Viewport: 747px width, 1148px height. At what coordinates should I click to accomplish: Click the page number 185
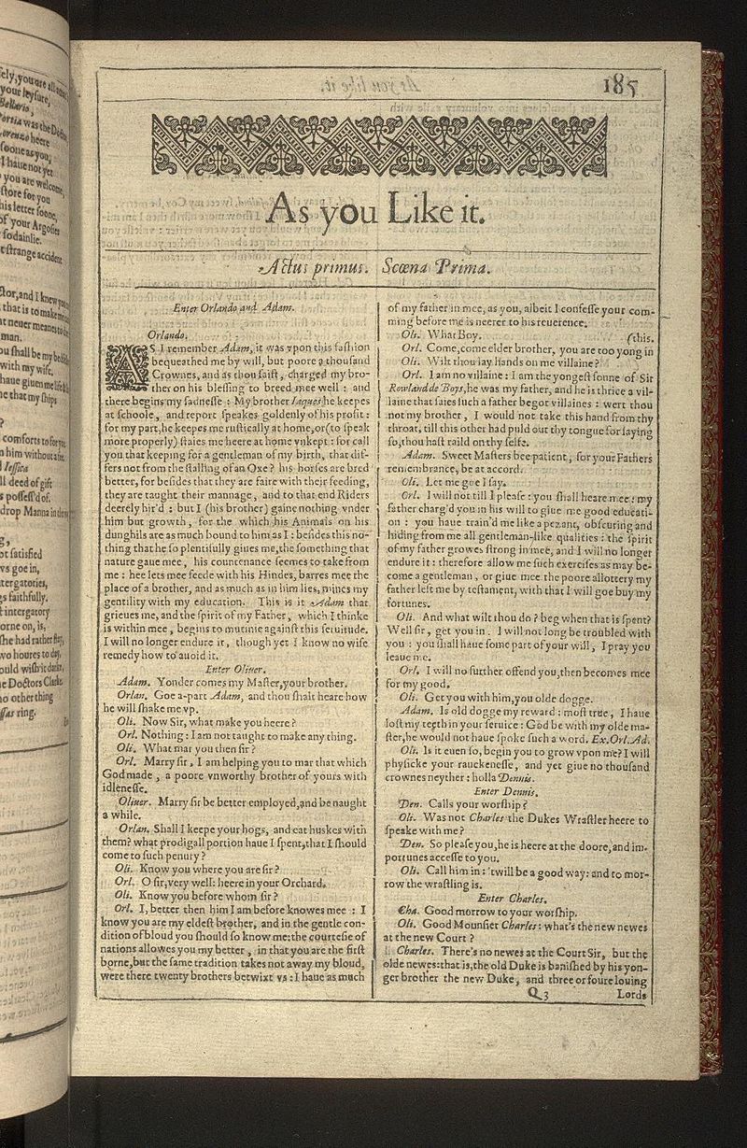(x=621, y=87)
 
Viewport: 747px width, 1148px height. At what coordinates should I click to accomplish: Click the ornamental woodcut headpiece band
(x=379, y=146)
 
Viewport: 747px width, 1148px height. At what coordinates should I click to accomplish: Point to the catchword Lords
(x=630, y=996)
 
